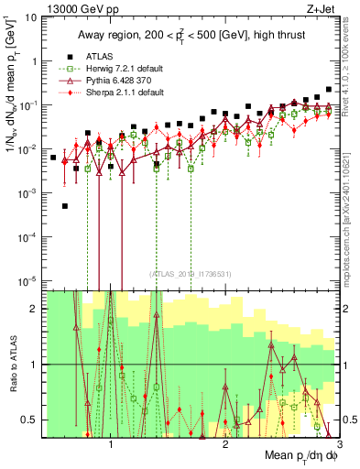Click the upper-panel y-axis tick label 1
point(33,61)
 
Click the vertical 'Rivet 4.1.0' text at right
point(351,69)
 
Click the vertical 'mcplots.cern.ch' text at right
point(351,220)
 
